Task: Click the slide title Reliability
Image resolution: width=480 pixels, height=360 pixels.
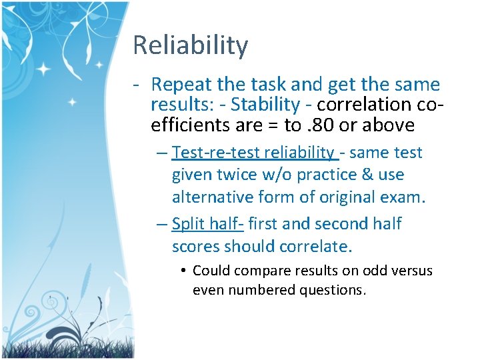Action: pos(190,45)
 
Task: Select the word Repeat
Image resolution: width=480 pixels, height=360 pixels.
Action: pos(178,85)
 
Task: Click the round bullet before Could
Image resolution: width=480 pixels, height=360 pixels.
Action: pos(182,271)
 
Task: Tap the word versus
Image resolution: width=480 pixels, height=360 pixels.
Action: pos(411,271)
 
